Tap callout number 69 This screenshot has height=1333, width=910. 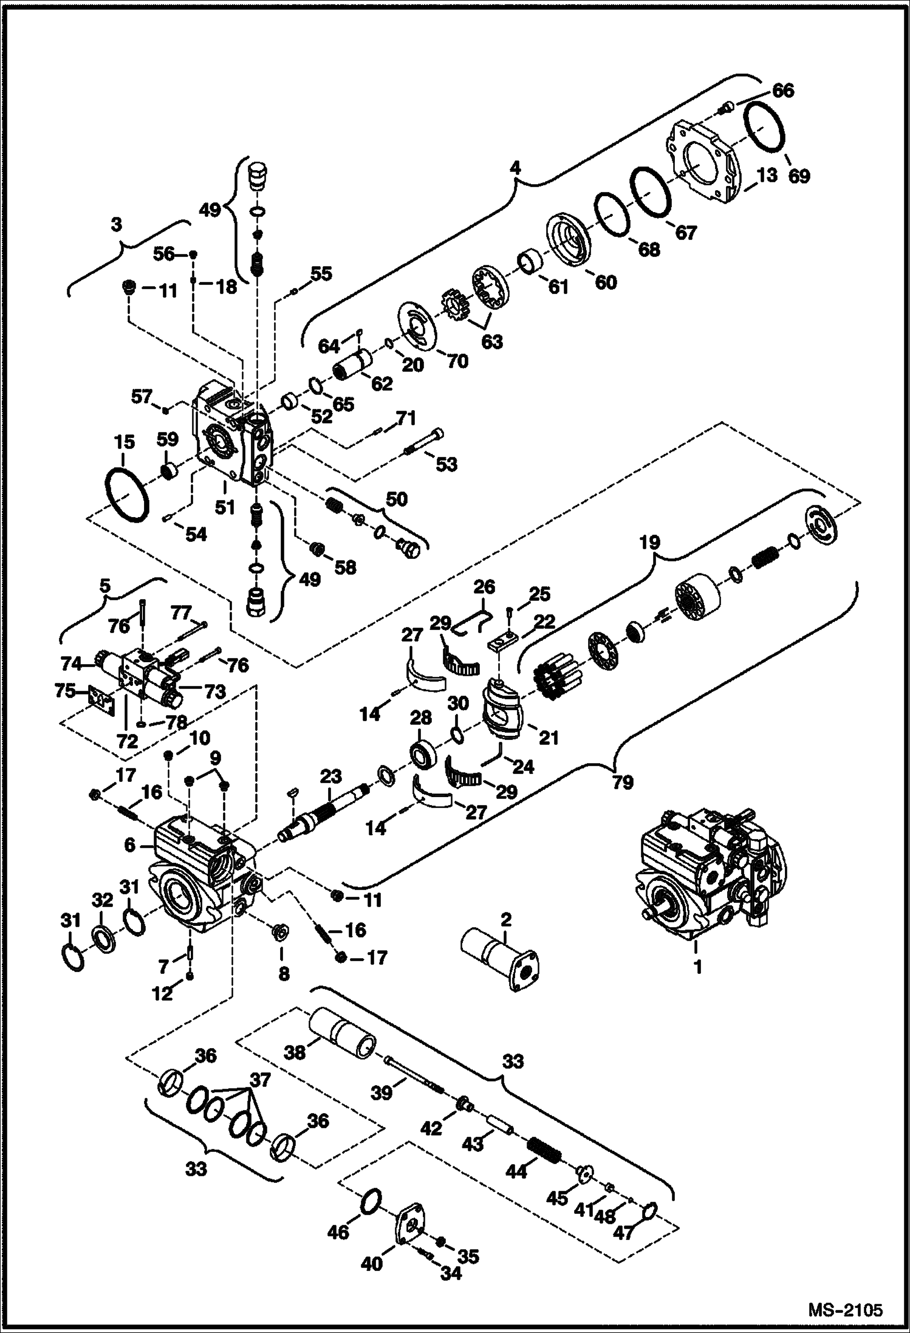coord(799,176)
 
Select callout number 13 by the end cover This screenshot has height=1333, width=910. coord(767,175)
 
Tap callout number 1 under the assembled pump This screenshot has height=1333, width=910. coord(698,966)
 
